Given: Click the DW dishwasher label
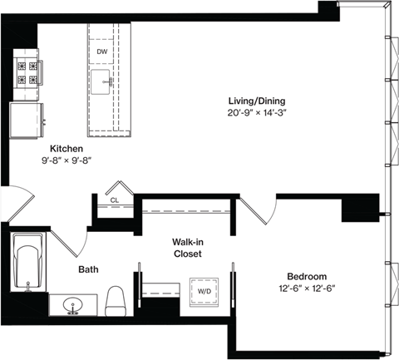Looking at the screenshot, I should (x=101, y=52).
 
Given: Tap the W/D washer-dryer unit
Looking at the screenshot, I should (x=203, y=292).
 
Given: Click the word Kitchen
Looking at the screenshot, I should (x=66, y=149).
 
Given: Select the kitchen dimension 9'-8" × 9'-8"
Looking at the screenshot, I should (x=66, y=161).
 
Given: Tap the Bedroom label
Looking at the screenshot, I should (x=307, y=276).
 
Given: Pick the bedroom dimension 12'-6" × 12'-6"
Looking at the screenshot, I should (x=307, y=288).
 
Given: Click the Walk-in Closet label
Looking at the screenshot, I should (x=189, y=248).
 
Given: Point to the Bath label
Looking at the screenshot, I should (x=89, y=269).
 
